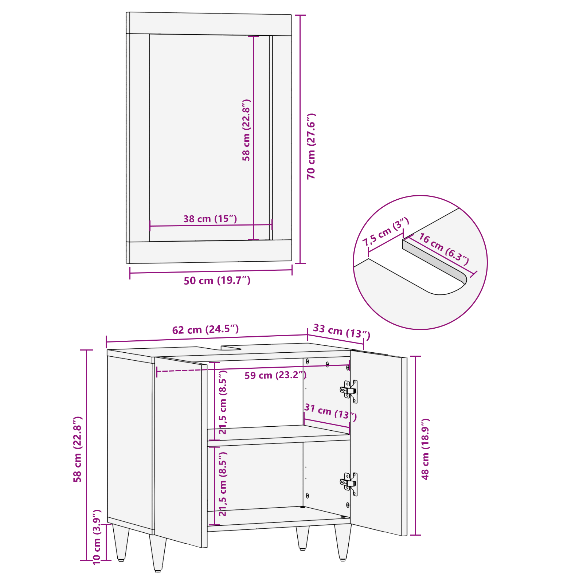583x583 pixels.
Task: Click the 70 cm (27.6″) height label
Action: (312, 146)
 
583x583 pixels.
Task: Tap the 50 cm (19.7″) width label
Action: (217, 281)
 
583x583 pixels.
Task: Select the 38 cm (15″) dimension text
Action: (210, 219)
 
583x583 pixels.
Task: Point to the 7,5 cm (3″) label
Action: (386, 232)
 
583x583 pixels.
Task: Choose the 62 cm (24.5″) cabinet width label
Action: (206, 329)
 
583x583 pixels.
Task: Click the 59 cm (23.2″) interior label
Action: (275, 375)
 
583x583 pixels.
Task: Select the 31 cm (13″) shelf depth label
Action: (330, 412)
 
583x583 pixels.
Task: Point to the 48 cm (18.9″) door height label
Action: (425, 449)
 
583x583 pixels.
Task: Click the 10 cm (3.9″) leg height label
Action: (97, 537)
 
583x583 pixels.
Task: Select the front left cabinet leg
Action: (158, 552)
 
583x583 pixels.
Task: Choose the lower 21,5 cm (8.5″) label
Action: (223, 484)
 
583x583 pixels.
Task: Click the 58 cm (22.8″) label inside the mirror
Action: (247, 130)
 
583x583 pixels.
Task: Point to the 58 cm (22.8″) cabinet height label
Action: (78, 449)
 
